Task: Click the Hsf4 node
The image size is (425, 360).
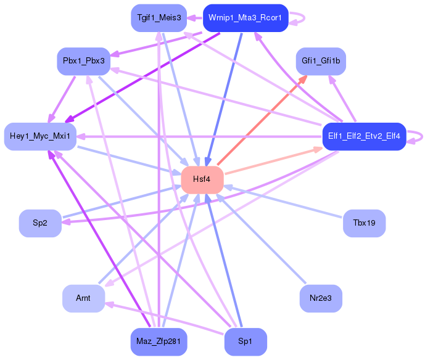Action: (202, 180)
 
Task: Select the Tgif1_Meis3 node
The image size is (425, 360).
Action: (159, 18)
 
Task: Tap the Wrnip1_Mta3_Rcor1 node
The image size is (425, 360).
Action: (246, 18)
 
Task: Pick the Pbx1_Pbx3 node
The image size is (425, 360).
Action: (83, 61)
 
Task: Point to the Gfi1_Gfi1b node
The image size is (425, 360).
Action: (321, 61)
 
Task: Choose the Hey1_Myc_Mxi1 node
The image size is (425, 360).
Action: (40, 136)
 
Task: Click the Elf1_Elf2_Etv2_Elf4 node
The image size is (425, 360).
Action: (365, 136)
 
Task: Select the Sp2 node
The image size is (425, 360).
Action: (40, 223)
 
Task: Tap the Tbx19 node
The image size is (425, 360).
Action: (365, 223)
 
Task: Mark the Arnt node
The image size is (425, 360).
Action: (83, 298)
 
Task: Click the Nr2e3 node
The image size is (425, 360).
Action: (321, 298)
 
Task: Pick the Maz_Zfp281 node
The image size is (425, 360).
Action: (159, 342)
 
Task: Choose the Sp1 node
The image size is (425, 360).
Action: (246, 342)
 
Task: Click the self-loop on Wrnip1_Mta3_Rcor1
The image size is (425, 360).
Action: (305, 18)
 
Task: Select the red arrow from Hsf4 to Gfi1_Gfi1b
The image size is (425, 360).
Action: (262, 120)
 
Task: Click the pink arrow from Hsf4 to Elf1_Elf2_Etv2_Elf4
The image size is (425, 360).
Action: (274, 160)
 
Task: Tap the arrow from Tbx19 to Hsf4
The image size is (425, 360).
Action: (283, 202)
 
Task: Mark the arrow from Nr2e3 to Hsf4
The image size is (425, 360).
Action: (261, 239)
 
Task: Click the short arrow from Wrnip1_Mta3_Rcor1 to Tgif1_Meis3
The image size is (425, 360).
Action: (195, 18)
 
